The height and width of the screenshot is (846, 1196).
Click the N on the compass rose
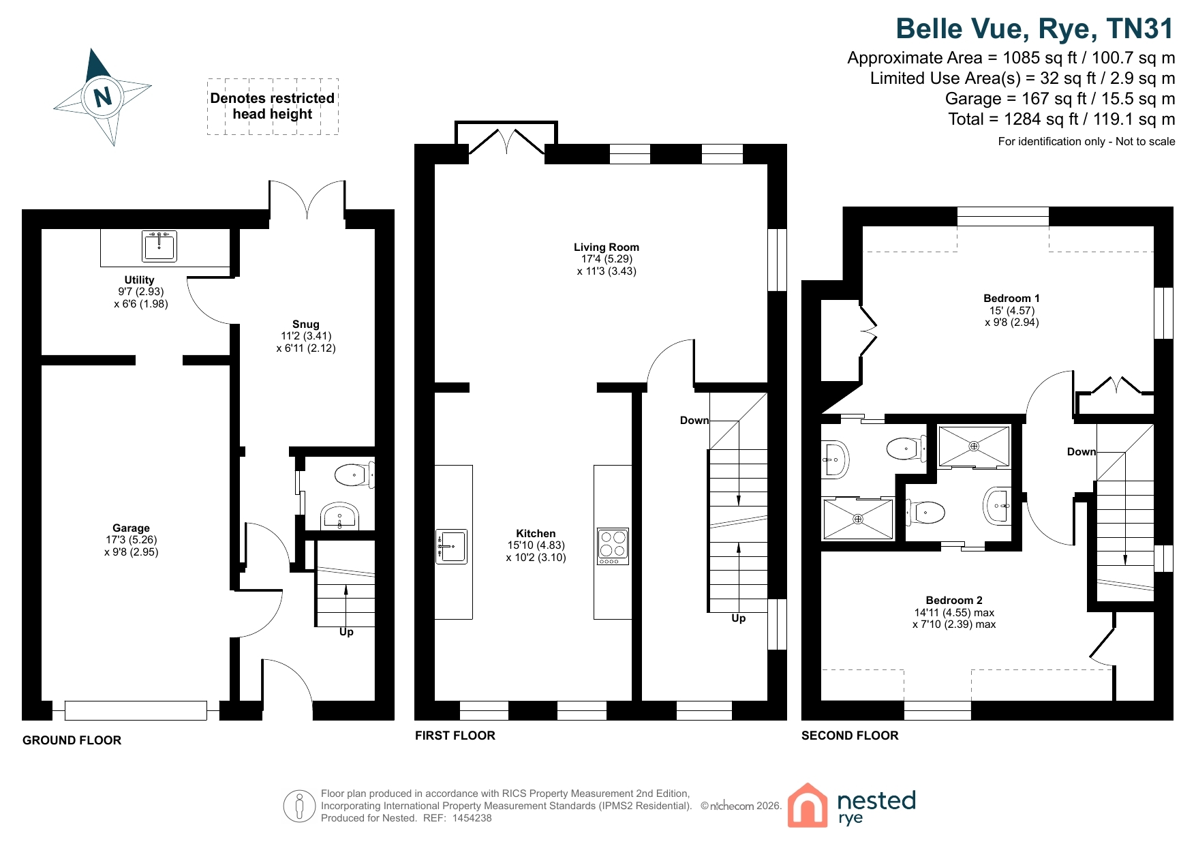coord(103,96)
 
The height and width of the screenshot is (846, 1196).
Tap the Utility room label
coord(139,280)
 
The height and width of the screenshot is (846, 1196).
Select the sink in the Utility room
coord(159,246)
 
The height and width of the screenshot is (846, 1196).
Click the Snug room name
coord(305,324)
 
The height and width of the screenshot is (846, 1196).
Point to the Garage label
coord(131,528)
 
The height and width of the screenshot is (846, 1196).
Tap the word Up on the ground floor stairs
coord(346,632)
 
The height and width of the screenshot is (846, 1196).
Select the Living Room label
coord(607,247)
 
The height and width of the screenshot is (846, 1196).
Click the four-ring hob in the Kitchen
coord(613,547)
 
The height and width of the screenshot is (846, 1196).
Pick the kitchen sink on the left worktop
coord(451,547)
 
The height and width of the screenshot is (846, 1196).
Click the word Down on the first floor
coord(694,421)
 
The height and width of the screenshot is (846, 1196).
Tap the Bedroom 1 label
coord(1011,298)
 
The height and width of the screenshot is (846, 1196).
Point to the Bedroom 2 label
coord(954,600)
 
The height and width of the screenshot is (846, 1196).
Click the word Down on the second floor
coord(1082,451)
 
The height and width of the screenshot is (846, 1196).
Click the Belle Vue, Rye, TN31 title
coord(1034,29)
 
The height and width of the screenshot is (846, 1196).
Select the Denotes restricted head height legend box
coord(273,106)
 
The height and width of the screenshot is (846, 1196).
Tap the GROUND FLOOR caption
coord(72,740)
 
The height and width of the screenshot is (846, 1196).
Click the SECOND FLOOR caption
coord(850,736)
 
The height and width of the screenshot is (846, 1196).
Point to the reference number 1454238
coord(472,818)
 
